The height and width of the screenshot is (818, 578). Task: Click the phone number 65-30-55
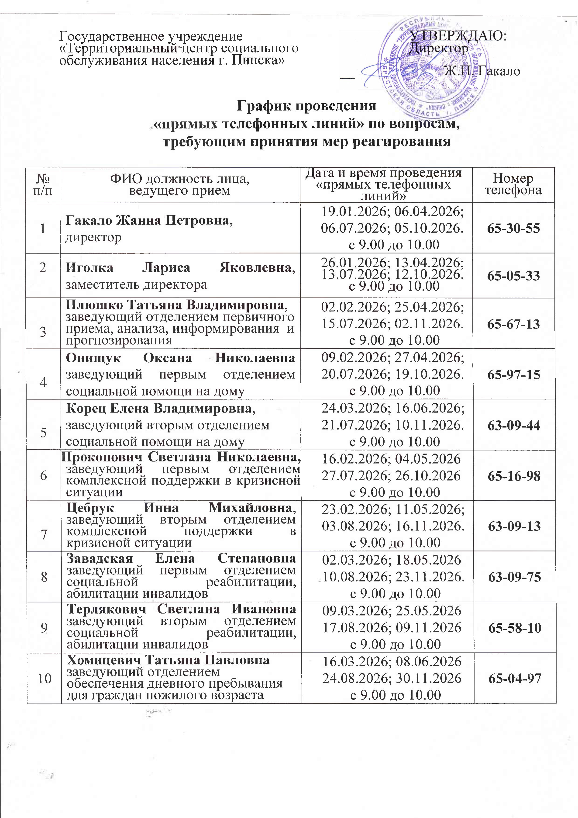(513, 228)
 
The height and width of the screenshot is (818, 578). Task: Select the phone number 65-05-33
(513, 276)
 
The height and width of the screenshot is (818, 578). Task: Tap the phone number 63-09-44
(513, 425)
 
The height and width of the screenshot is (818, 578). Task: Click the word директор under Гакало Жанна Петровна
(93, 237)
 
